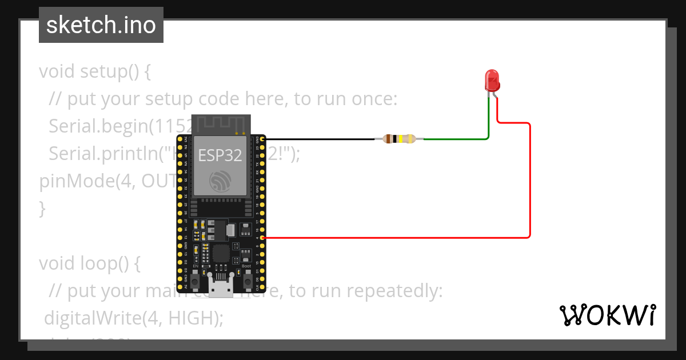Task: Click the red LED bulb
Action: tap(492, 81)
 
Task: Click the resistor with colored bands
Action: tap(399, 138)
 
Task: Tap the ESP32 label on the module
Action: tap(220, 155)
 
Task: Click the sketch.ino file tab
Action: tap(101, 25)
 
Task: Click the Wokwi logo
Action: tap(607, 315)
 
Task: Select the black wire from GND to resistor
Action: tap(320, 139)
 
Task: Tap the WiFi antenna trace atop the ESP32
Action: tap(221, 123)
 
